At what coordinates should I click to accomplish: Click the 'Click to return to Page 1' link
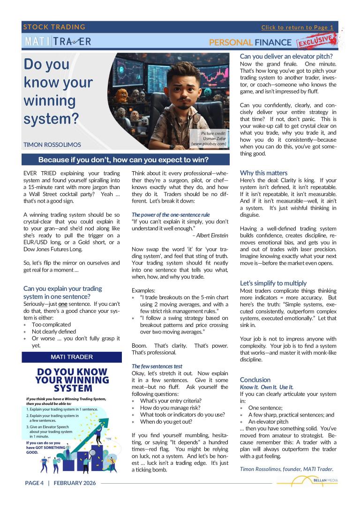[x=297, y=27]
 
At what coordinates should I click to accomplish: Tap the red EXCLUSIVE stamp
[x=316, y=41]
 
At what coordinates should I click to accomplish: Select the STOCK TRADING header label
[x=54, y=27]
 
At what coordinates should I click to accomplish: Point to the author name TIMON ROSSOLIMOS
[x=52, y=145]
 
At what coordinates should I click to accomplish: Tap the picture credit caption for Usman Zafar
[x=209, y=139]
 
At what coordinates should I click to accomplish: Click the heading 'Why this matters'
[x=263, y=172]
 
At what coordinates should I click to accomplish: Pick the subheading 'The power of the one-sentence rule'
[x=171, y=215]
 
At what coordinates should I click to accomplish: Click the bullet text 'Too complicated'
[x=51, y=325]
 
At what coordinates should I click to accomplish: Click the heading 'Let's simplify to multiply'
[x=273, y=283]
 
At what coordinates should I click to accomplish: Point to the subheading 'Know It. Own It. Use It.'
[x=267, y=387]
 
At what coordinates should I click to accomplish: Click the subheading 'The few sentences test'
[x=157, y=366]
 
